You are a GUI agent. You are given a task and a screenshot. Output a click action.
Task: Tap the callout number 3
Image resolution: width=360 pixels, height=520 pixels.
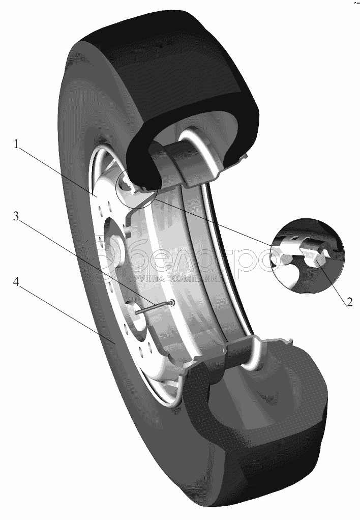coord(16,216)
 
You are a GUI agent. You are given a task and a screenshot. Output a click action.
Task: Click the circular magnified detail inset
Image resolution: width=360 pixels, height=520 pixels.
coord(308,255)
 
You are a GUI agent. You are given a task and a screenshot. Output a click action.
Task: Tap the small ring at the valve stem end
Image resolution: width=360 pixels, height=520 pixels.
coord(173,303)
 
